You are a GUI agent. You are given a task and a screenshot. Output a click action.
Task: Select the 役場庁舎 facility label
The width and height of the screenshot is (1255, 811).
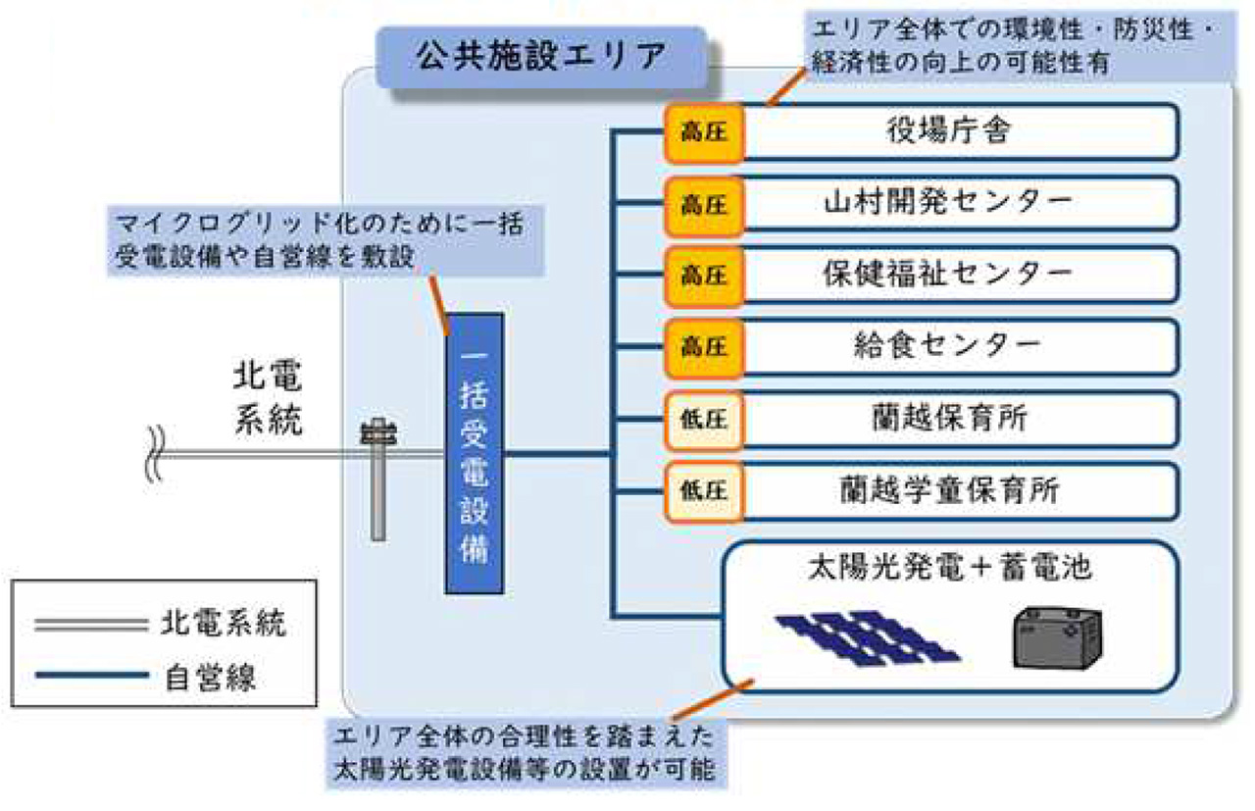click(946, 131)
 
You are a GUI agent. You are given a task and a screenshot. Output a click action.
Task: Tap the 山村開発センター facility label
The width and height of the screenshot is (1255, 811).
click(946, 203)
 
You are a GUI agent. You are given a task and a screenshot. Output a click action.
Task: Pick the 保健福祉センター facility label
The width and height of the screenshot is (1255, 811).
click(946, 275)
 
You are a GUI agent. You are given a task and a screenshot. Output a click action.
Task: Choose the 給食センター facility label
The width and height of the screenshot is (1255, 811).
click(946, 346)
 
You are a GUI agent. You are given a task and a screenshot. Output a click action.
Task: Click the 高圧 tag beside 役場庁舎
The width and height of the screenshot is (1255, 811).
click(704, 131)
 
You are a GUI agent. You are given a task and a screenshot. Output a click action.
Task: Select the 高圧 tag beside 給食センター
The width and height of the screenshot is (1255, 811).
click(704, 346)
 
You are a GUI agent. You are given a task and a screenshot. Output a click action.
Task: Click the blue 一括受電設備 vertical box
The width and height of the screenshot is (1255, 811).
click(475, 453)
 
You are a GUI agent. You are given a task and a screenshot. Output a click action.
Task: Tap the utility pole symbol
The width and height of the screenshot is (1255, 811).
click(377, 481)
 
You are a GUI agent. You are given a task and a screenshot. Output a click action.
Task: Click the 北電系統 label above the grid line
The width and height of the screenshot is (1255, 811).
click(268, 401)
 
